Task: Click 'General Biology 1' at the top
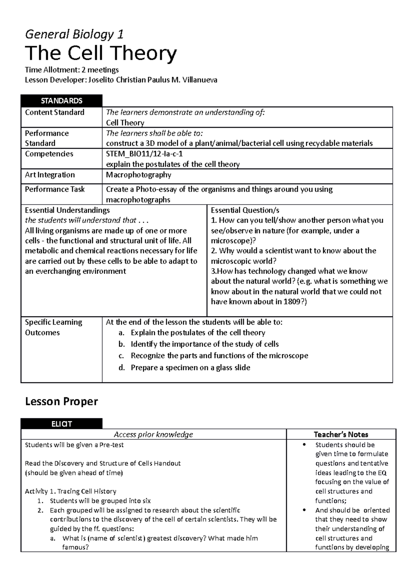click(x=74, y=34)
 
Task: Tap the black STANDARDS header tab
click(x=62, y=101)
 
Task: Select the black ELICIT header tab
click(x=62, y=424)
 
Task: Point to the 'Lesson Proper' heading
click(x=62, y=401)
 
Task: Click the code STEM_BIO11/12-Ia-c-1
click(x=142, y=154)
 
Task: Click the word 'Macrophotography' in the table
click(x=138, y=175)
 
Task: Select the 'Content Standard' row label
click(x=54, y=112)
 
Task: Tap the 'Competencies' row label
click(x=49, y=154)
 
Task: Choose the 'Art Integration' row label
click(x=50, y=175)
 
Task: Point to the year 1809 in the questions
click(x=293, y=302)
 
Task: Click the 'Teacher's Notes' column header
click(x=341, y=434)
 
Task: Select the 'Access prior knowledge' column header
click(x=153, y=434)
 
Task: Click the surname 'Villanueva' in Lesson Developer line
click(x=200, y=80)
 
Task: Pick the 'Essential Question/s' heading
click(x=245, y=210)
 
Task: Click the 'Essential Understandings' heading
click(x=67, y=210)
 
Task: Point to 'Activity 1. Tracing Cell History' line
click(x=71, y=491)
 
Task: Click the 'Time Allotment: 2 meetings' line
click(x=72, y=70)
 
